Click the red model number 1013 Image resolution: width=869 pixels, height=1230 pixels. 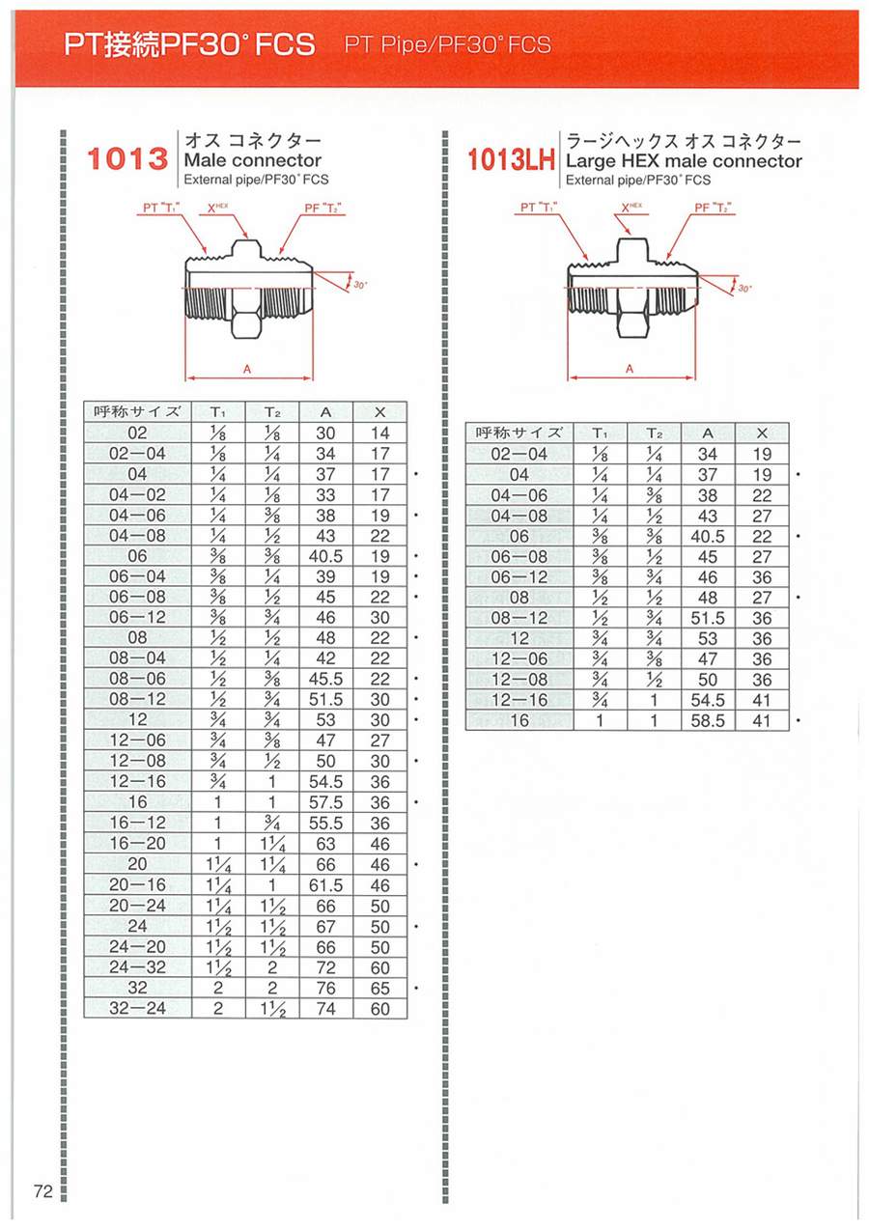coord(127,159)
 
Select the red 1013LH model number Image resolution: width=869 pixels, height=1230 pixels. coord(511,160)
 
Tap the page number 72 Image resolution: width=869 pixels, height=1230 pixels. coord(42,1191)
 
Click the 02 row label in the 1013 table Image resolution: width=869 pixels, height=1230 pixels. coord(137,433)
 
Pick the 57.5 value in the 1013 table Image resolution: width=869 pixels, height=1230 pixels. coord(325,802)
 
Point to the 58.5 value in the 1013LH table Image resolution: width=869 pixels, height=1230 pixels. coord(708,720)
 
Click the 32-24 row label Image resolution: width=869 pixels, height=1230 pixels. coord(137,1008)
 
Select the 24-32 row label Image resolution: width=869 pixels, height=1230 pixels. coord(137,967)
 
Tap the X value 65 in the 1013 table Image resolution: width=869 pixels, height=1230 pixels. coord(380,988)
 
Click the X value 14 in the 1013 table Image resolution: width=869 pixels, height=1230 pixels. coord(380,433)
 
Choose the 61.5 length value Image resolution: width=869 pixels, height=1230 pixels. coord(325,885)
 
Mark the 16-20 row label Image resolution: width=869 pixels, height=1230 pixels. coord(137,844)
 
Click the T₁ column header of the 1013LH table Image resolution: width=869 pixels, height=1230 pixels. coord(600,433)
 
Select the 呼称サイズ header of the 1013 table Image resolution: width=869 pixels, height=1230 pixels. coord(137,411)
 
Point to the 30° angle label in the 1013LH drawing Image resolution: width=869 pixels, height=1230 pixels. coord(744,289)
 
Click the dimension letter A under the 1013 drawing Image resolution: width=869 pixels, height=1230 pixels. coord(247,370)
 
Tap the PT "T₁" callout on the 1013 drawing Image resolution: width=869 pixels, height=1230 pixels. coord(161,208)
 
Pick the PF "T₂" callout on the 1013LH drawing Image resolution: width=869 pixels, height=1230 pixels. coord(715,208)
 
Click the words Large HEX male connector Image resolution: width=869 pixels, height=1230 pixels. coord(684,161)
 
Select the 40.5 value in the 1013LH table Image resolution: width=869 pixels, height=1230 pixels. coord(708,536)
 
